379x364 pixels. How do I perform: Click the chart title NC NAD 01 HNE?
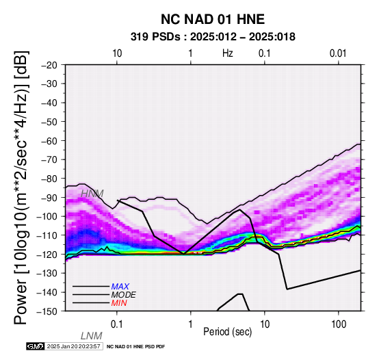coord(213,19)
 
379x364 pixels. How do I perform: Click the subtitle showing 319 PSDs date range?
coord(213,37)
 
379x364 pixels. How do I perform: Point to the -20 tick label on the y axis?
coord(49,65)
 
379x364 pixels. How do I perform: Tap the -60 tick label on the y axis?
coord(49,141)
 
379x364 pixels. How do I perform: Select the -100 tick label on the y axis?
coord(47,216)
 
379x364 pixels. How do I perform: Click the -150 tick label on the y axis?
coord(47,311)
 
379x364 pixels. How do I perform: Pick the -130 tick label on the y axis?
coord(47,273)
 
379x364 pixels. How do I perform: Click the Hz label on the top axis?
coord(228,53)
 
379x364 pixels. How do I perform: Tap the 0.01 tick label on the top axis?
coord(338,53)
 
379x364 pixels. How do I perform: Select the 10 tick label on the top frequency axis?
coord(117,53)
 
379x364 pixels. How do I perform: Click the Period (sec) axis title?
coord(227,332)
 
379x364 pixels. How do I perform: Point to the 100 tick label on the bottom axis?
coord(339,324)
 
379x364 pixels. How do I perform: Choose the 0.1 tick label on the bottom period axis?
coord(116,324)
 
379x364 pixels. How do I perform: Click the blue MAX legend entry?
coord(120,287)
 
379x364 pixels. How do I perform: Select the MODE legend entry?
coord(124,295)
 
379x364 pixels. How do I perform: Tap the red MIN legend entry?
coord(119,303)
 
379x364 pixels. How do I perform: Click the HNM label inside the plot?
coord(92,194)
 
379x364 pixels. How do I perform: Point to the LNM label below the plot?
coord(92,336)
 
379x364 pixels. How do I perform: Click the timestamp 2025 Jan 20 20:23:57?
coord(73,346)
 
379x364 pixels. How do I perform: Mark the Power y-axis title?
coord(21,187)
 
